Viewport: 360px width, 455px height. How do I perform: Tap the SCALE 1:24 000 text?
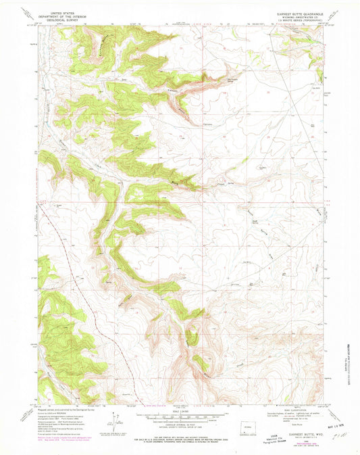(180, 410)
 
